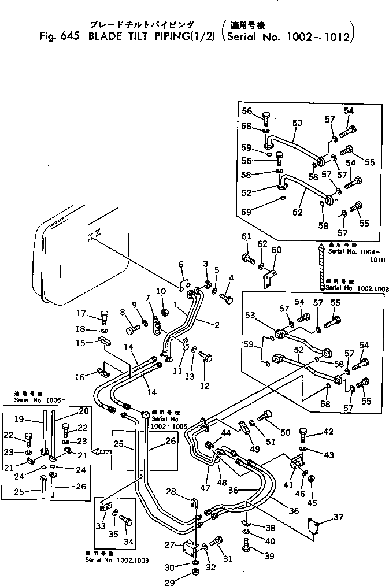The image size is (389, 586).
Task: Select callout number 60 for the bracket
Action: (x=276, y=250)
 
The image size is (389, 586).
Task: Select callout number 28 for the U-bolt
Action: (x=171, y=491)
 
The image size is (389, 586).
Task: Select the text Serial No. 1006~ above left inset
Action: (x=36, y=399)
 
